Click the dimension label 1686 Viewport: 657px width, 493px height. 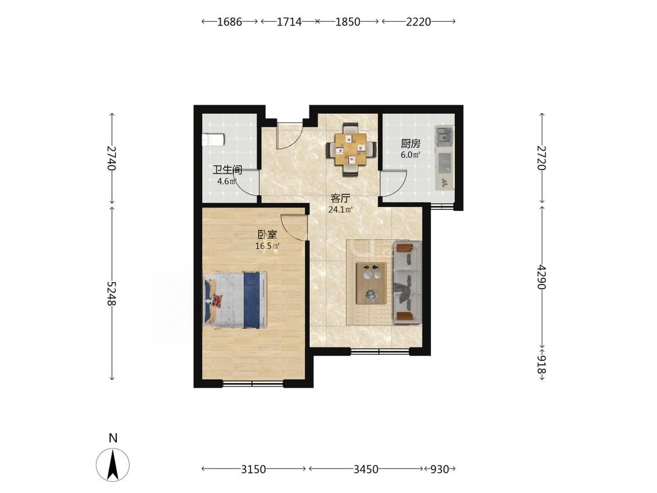pyautogui.click(x=229, y=22)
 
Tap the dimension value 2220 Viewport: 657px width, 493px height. pyautogui.click(x=418, y=22)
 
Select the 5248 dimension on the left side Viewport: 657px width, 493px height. pyautogui.click(x=111, y=293)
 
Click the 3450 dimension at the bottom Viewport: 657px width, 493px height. pyautogui.click(x=366, y=469)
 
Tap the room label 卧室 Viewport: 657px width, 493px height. pyautogui.click(x=267, y=235)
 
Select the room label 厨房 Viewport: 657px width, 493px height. pyautogui.click(x=410, y=144)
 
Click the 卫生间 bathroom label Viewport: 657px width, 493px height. pyautogui.click(x=228, y=170)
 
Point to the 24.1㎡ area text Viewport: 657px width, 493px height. pyautogui.click(x=340, y=210)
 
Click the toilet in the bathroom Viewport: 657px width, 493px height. pyautogui.click(x=213, y=140)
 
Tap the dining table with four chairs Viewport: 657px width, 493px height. pyautogui.click(x=351, y=149)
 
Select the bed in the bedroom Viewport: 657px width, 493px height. pyautogui.click(x=235, y=300)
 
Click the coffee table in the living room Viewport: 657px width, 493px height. pyautogui.click(x=371, y=283)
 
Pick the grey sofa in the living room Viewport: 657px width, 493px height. pyautogui.click(x=407, y=283)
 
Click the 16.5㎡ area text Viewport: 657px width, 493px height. pyautogui.click(x=267, y=246)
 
